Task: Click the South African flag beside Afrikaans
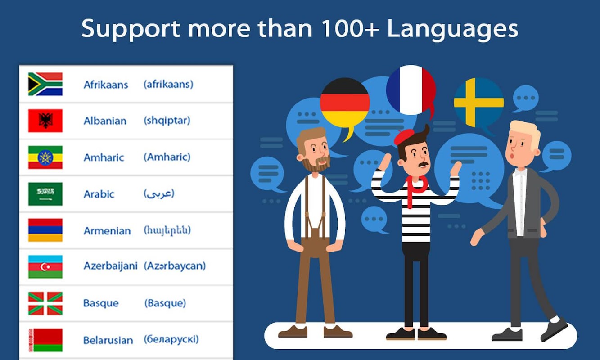click(x=45, y=84)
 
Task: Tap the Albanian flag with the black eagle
click(x=45, y=121)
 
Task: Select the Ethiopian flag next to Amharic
click(x=45, y=157)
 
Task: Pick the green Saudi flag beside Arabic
click(x=45, y=194)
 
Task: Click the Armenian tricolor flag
click(x=45, y=230)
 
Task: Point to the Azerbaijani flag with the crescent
click(x=45, y=267)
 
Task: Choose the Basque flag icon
click(x=45, y=303)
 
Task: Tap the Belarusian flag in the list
click(x=45, y=340)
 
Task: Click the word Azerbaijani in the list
click(x=110, y=266)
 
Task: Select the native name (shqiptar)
click(x=167, y=121)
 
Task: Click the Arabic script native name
click(x=159, y=193)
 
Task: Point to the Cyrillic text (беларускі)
click(x=171, y=339)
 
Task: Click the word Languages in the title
click(x=453, y=29)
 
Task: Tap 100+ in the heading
click(x=350, y=28)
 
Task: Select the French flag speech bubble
click(x=411, y=90)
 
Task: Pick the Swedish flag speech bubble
click(x=479, y=103)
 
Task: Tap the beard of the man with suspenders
click(x=316, y=164)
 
